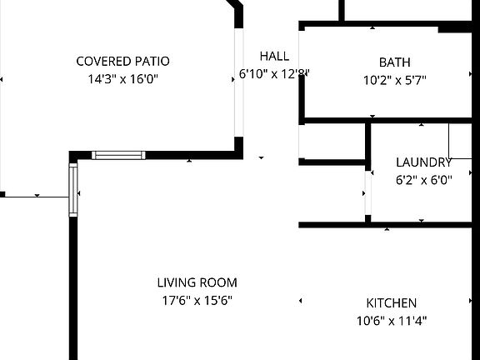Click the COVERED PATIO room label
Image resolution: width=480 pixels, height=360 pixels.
122,61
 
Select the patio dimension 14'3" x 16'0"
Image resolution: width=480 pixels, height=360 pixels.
122,79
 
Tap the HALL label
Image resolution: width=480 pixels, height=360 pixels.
274,56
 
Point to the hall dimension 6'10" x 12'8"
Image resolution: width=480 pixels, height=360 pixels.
274,74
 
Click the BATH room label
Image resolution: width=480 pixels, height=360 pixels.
395,62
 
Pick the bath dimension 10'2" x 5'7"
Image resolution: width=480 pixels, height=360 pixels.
395,80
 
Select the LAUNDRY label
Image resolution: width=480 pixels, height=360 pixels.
423,162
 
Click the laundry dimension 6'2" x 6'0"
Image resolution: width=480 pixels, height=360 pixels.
423,179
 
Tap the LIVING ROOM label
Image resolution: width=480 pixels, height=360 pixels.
197,282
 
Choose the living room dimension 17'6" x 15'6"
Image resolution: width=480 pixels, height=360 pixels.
197,300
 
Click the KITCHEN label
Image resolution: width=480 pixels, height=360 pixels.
392,302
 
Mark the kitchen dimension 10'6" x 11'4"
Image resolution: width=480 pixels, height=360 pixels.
392,320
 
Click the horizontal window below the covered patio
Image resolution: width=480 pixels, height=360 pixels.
117,155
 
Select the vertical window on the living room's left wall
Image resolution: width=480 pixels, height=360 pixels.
73,190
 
